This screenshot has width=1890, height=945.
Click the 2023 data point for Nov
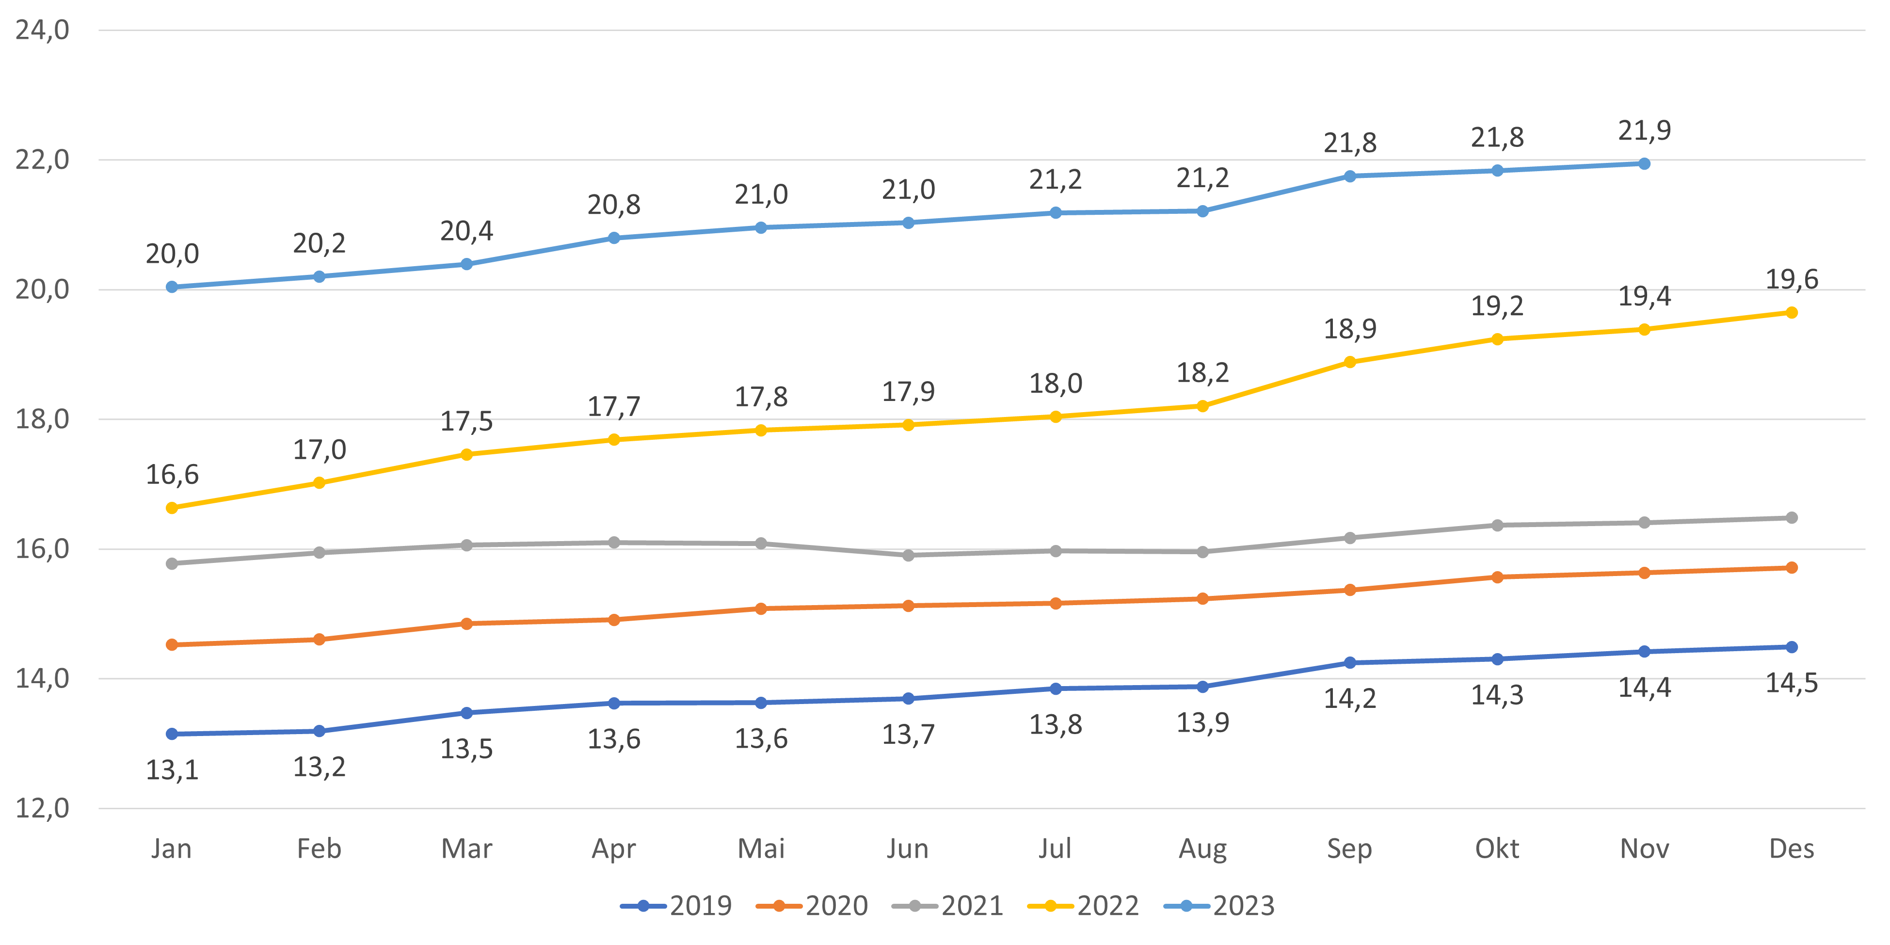coord(1644,163)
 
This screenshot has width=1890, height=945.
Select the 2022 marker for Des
coord(1791,313)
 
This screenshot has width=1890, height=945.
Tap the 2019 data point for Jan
coord(172,734)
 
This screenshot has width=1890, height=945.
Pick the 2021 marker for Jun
coord(908,555)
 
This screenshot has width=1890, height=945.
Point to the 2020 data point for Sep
coord(1350,590)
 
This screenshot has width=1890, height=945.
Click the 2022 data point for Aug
coord(1202,406)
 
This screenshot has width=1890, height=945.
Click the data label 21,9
coord(1644,130)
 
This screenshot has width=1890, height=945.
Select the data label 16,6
coord(172,475)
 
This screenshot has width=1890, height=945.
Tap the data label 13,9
coord(1202,723)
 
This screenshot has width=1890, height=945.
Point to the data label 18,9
coord(1350,329)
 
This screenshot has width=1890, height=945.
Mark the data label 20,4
coord(466,231)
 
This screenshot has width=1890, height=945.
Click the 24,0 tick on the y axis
coord(43,30)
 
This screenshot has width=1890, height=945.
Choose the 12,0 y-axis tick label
coord(43,809)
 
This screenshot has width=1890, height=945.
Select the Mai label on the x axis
coord(761,849)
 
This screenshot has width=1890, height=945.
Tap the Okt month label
coord(1497,849)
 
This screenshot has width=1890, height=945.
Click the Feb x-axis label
coord(319,849)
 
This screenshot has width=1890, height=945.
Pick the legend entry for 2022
coord(1084,906)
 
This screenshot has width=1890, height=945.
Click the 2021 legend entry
coord(948,906)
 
